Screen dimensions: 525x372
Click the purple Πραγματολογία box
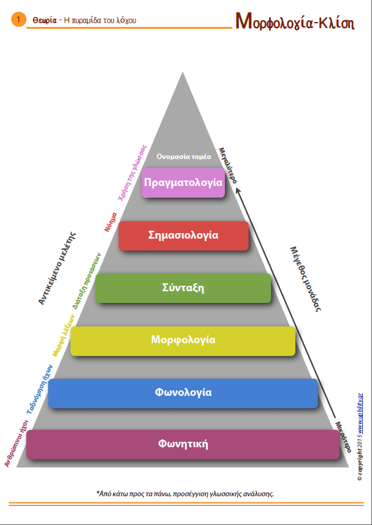coord(183,182)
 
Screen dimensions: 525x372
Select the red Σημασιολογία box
coord(183,236)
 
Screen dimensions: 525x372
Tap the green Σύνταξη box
coord(183,288)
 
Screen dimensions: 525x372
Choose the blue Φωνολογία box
coord(183,393)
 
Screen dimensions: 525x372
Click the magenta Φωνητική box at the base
coord(183,444)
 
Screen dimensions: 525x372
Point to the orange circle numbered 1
coord(18,20)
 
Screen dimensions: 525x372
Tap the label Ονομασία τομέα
coord(184,157)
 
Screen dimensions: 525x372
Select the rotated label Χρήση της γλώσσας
coord(132,172)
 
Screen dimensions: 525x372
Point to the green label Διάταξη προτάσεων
coord(86,279)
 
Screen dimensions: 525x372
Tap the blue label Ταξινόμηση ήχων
coord(39,387)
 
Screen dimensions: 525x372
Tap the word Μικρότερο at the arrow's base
coord(343,435)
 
